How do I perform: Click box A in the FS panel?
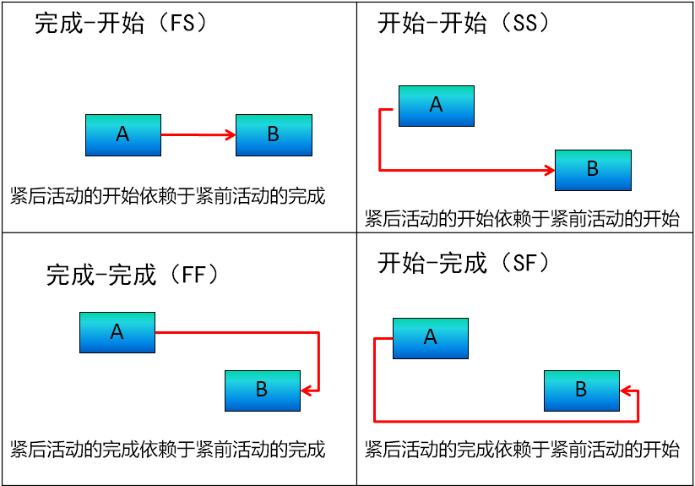(x=123, y=135)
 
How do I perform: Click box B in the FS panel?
(x=274, y=135)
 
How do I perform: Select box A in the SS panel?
(x=436, y=106)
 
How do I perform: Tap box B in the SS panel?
(x=593, y=170)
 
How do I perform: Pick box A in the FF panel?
(x=117, y=332)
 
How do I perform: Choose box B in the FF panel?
(x=263, y=390)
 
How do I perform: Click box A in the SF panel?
(x=430, y=338)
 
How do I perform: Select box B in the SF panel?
(x=581, y=390)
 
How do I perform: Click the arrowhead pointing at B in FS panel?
(x=230, y=134)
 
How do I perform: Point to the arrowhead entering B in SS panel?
(x=549, y=171)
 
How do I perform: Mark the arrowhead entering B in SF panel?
(x=625, y=390)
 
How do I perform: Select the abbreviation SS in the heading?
(x=531, y=24)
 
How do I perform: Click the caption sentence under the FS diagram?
(x=168, y=196)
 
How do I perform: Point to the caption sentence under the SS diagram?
(x=522, y=220)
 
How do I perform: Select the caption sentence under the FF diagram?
(x=168, y=449)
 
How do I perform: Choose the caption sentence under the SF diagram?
(x=522, y=449)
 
